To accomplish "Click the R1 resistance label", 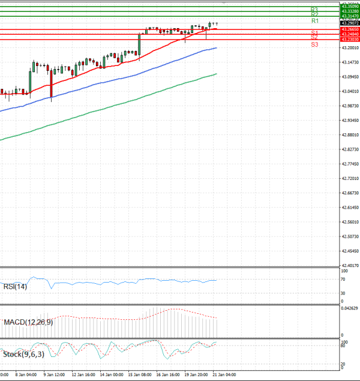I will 314,21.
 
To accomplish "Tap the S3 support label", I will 314,44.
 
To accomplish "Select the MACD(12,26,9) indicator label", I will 28,322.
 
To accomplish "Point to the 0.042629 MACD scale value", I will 349,308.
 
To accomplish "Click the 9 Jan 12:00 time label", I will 53,374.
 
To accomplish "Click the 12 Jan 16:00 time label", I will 82,374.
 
